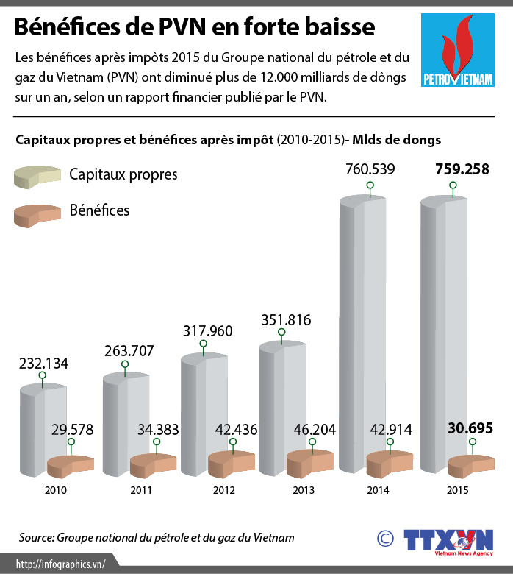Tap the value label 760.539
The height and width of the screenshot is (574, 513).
pos(370,169)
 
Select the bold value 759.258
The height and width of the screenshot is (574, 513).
pos(462,169)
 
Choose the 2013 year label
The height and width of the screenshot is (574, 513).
pos(303,490)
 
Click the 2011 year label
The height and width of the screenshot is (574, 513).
pos(140,490)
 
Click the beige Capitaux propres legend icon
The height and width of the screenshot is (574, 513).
pos(37,177)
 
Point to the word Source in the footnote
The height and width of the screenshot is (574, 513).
pos(36,538)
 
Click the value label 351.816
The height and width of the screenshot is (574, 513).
pos(287,320)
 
